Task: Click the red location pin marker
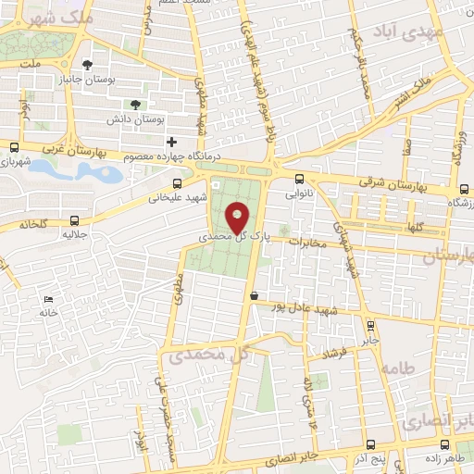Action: [x=238, y=218]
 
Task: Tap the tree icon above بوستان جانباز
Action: [x=87, y=65]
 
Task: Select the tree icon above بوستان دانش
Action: [x=136, y=105]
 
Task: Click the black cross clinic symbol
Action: [x=170, y=141]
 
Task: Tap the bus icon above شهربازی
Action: [x=14, y=146]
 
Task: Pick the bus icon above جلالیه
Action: [x=75, y=220]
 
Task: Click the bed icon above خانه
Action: [x=48, y=300]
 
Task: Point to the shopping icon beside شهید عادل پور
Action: [x=254, y=295]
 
